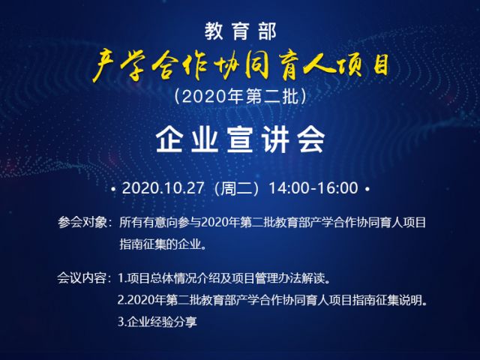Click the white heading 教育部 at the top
240,31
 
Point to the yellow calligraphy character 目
380,65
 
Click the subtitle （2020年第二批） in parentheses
240,97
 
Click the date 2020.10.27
163,188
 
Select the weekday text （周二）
237,188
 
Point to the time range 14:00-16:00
313,188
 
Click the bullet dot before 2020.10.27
113,189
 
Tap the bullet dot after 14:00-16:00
367,189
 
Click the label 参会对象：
82,223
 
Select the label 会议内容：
82,278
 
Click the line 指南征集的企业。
163,244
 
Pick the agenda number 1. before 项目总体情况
122,278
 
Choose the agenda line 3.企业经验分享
157,322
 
